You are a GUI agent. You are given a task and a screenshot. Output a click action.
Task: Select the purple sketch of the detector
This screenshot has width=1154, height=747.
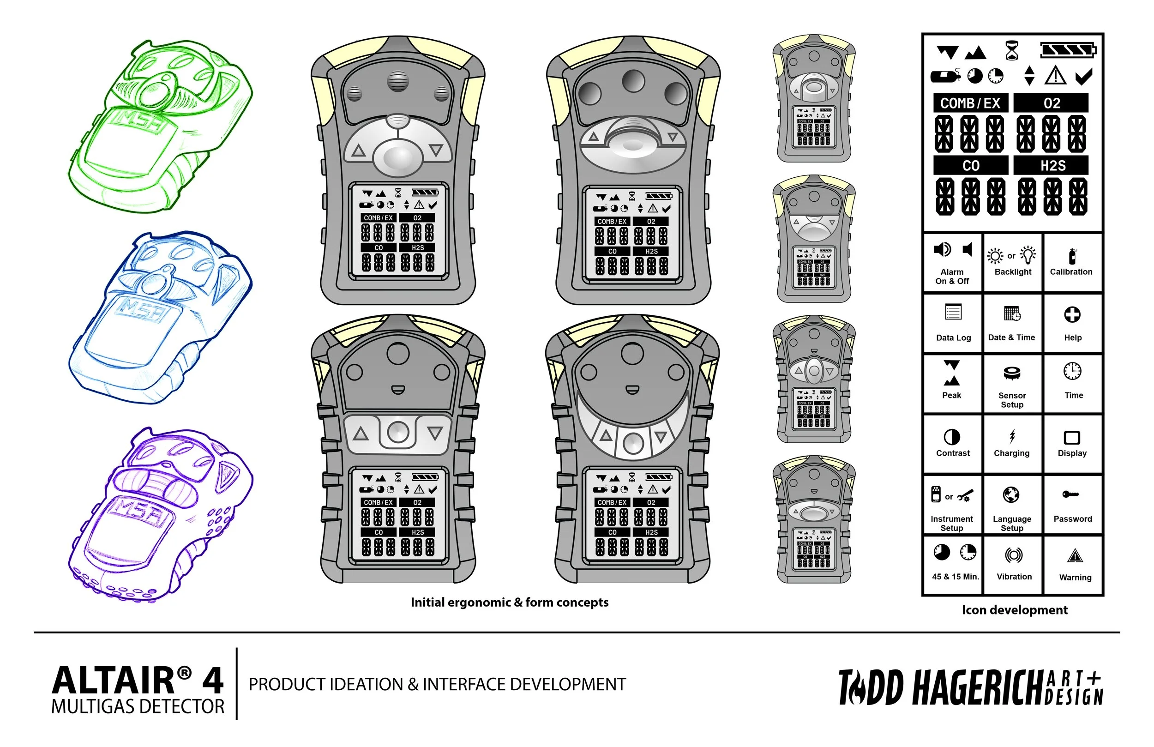click(x=160, y=514)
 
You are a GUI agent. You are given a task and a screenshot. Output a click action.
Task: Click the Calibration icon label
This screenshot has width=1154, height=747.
click(x=1071, y=271)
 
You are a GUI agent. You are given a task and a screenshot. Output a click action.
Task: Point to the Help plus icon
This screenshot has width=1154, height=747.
click(x=1072, y=314)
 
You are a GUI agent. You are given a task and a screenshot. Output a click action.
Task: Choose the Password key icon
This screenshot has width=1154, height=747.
click(x=1070, y=494)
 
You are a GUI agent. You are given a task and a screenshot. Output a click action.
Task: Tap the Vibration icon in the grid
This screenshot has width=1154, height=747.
click(x=1014, y=554)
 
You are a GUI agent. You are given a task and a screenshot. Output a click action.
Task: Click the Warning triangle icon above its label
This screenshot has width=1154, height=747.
click(x=1075, y=556)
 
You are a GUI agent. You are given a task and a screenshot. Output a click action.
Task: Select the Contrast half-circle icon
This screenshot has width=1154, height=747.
click(x=952, y=437)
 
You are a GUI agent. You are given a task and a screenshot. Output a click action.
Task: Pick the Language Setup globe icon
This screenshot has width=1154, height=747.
click(x=1011, y=495)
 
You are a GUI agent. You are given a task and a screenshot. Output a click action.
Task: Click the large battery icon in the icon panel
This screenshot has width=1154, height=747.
click(x=1068, y=50)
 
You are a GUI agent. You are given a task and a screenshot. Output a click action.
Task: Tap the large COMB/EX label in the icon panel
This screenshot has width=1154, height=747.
click(x=970, y=103)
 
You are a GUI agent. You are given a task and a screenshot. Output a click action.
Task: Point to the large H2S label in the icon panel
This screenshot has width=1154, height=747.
click(x=1052, y=166)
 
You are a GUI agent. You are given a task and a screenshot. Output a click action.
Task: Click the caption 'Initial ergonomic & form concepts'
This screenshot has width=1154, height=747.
click(x=509, y=602)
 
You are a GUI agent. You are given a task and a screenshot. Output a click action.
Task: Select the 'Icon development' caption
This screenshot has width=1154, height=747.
click(x=1014, y=610)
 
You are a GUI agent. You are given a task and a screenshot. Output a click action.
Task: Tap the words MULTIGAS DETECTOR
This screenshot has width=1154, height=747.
click(x=138, y=707)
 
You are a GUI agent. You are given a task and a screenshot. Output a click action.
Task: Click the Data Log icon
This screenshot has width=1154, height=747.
click(x=953, y=312)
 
